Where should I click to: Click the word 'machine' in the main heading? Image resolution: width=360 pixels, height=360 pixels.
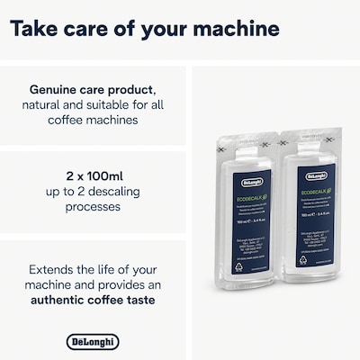coord(230,28)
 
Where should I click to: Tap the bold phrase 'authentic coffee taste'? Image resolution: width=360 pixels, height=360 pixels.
coord(93,300)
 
